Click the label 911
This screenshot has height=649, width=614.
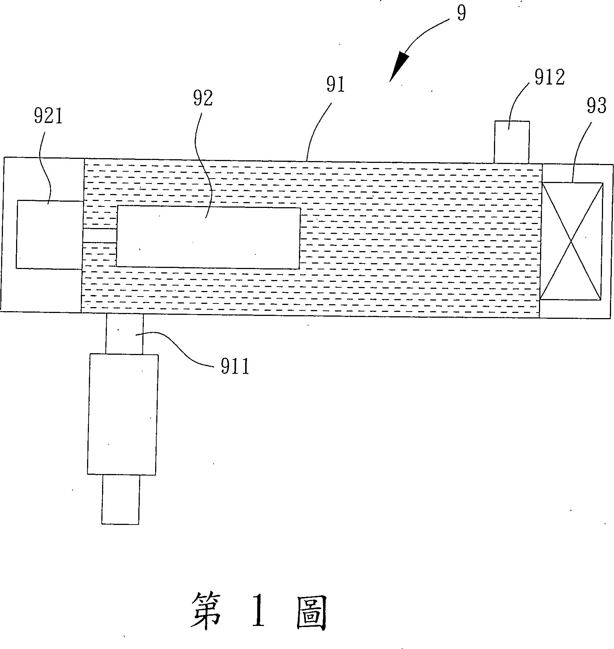235,366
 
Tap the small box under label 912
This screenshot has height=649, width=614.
512,142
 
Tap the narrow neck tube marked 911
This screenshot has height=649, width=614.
124,333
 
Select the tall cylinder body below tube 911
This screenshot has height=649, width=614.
123,414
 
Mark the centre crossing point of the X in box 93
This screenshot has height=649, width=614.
571,241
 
